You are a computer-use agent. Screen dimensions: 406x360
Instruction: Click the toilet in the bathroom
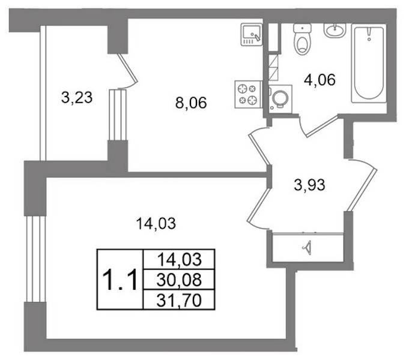coord(302,39)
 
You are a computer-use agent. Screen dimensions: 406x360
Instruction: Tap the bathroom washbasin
coord(335,30)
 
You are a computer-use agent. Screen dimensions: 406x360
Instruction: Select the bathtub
coord(368,64)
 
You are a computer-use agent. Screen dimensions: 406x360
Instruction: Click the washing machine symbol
coord(280,99)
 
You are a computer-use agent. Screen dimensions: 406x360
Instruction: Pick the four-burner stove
coord(249,94)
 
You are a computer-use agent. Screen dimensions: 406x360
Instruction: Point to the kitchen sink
coord(252,34)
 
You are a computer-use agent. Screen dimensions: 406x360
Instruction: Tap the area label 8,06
coord(191,103)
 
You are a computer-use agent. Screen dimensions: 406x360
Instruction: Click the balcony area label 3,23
coord(77,98)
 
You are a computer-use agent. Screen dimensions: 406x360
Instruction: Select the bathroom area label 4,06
coord(320,80)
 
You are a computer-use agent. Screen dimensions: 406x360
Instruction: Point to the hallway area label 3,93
coord(310,185)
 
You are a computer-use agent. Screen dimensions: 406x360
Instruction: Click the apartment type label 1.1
coord(120,280)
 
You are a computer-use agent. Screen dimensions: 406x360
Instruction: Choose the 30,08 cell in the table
coord(179,280)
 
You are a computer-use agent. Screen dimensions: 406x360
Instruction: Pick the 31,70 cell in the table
coord(179,299)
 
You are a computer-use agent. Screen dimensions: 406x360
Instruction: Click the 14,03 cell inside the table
coord(179,259)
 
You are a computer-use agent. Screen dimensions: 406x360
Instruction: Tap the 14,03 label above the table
coord(156,223)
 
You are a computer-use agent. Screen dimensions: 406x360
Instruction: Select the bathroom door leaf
coord(323,126)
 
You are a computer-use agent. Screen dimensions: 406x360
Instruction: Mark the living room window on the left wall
coord(35,259)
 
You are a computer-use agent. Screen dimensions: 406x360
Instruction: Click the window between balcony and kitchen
coord(118,115)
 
